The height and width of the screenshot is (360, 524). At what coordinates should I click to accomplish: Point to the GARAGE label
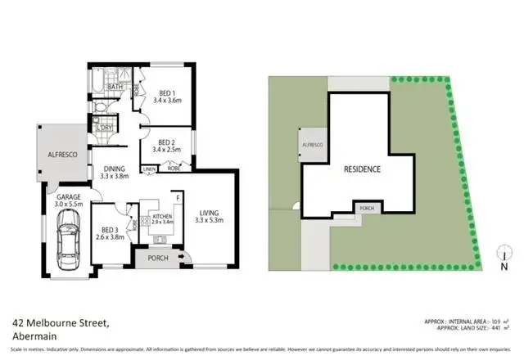tap(67, 197)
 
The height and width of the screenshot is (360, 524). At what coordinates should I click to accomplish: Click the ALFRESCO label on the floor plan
tap(62, 152)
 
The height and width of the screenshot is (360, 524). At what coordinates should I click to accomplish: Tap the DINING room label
tap(115, 169)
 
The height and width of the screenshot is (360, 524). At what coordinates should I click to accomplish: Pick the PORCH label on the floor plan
tap(158, 259)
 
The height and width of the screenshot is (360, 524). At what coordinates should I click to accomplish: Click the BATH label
tap(115, 86)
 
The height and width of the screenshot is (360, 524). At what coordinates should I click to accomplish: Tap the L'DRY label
tap(104, 128)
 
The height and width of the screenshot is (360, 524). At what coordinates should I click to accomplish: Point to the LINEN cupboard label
tap(149, 169)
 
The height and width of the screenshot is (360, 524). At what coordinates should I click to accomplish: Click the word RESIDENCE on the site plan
tap(361, 169)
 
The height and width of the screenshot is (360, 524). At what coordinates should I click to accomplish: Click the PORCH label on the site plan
tap(368, 209)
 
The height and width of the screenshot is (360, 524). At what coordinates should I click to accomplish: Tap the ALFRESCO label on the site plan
tap(314, 145)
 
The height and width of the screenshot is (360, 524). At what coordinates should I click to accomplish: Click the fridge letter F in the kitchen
tap(178, 197)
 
